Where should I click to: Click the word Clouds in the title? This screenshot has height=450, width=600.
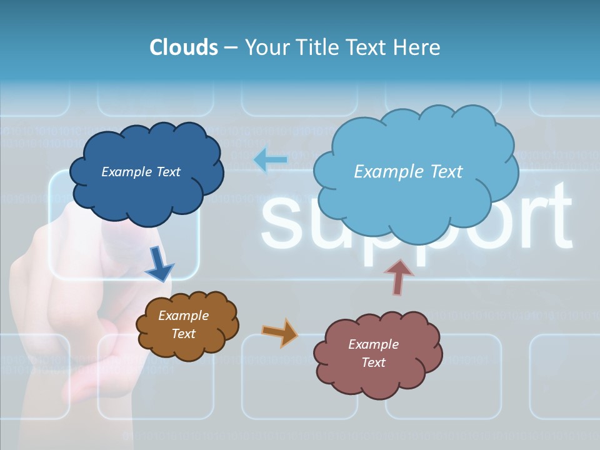pyautogui.click(x=184, y=47)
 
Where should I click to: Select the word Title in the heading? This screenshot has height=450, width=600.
pyautogui.click(x=318, y=47)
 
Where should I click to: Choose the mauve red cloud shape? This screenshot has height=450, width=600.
pyautogui.click(x=378, y=381)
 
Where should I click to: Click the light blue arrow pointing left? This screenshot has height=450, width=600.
pyautogui.click(x=270, y=161)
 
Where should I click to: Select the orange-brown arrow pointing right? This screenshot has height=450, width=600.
pyautogui.click(x=279, y=332)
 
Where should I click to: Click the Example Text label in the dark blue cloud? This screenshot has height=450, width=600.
pyautogui.click(x=141, y=172)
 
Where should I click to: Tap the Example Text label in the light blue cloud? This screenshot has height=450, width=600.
pyautogui.click(x=408, y=172)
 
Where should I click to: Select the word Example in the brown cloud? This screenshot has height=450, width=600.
pyautogui.click(x=183, y=316)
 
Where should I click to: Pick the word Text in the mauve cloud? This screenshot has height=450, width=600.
pyautogui.click(x=373, y=362)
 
